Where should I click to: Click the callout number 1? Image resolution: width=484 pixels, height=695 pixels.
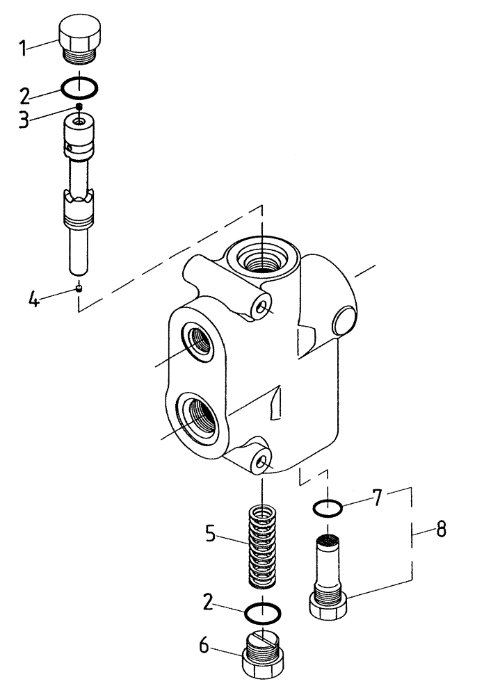click(22, 48)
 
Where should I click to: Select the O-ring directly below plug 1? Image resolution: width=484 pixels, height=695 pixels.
click(80, 88)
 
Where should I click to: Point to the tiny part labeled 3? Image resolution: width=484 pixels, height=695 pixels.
click(80, 106)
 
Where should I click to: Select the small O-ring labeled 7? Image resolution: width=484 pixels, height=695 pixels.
click(327, 509)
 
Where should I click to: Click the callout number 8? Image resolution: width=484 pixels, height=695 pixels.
click(441, 531)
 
